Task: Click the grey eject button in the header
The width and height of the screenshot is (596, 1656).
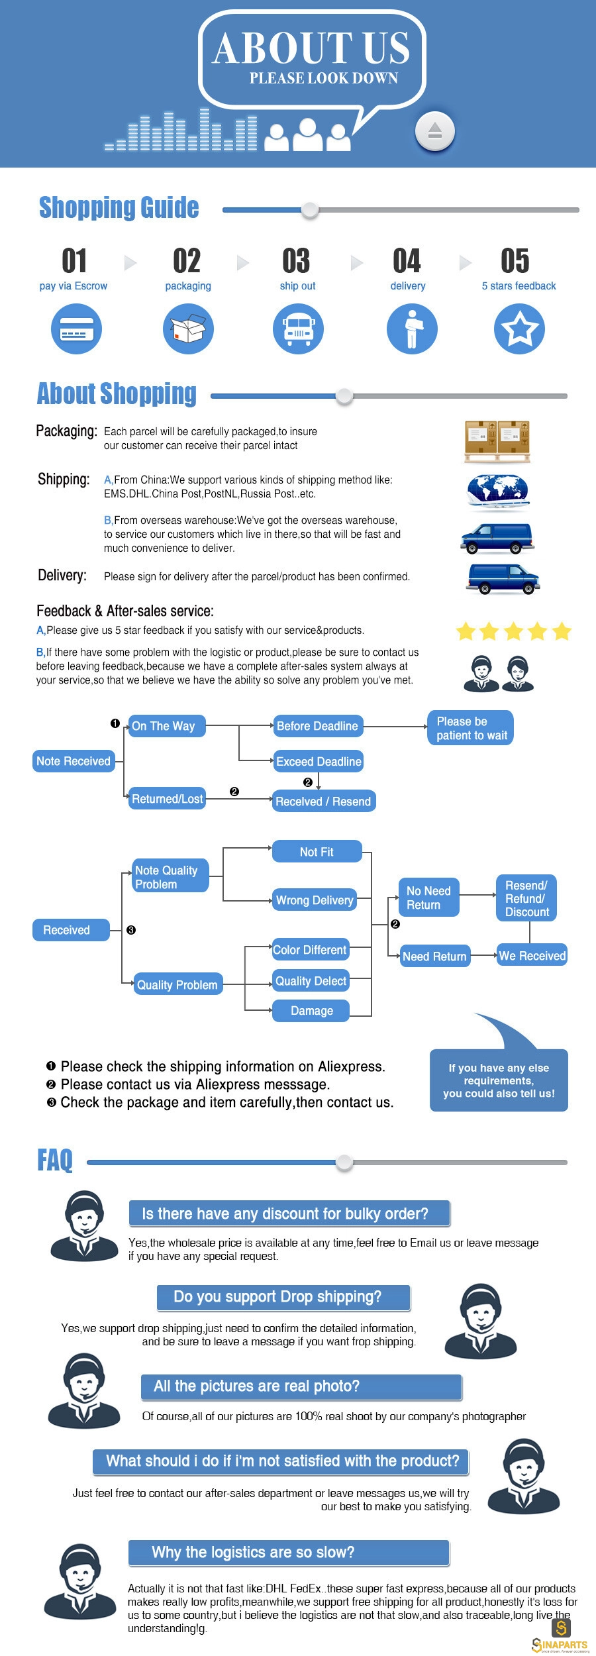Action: coord(434,130)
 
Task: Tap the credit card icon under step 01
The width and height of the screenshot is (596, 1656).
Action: coord(77,329)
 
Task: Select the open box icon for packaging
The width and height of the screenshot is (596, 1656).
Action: coord(188,329)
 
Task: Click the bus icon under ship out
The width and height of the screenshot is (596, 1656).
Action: coord(298,329)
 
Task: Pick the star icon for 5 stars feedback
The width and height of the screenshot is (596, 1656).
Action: coord(520,329)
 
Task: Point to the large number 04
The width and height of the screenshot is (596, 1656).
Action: coord(407,261)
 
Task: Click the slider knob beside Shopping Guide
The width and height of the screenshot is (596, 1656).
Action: coord(310,210)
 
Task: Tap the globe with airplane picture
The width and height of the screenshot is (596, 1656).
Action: coord(498,492)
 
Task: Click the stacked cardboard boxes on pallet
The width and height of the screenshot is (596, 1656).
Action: coord(498,442)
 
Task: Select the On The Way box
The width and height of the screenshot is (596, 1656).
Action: coord(167,726)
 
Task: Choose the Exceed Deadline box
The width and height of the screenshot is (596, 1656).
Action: coord(319,762)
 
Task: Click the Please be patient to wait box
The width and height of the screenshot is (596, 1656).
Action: coord(471,728)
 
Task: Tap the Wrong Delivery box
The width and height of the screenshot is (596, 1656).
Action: coord(315,900)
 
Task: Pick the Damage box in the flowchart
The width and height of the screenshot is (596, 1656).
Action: coord(311,1011)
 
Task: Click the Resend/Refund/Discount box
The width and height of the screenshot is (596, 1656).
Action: coord(526,898)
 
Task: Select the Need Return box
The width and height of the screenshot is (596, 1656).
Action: coord(434,956)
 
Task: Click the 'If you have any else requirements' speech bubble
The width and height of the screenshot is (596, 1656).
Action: coord(499,1080)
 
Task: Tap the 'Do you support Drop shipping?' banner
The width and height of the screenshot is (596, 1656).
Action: coord(283,1297)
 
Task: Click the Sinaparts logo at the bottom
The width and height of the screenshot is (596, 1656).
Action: coord(560,1635)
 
